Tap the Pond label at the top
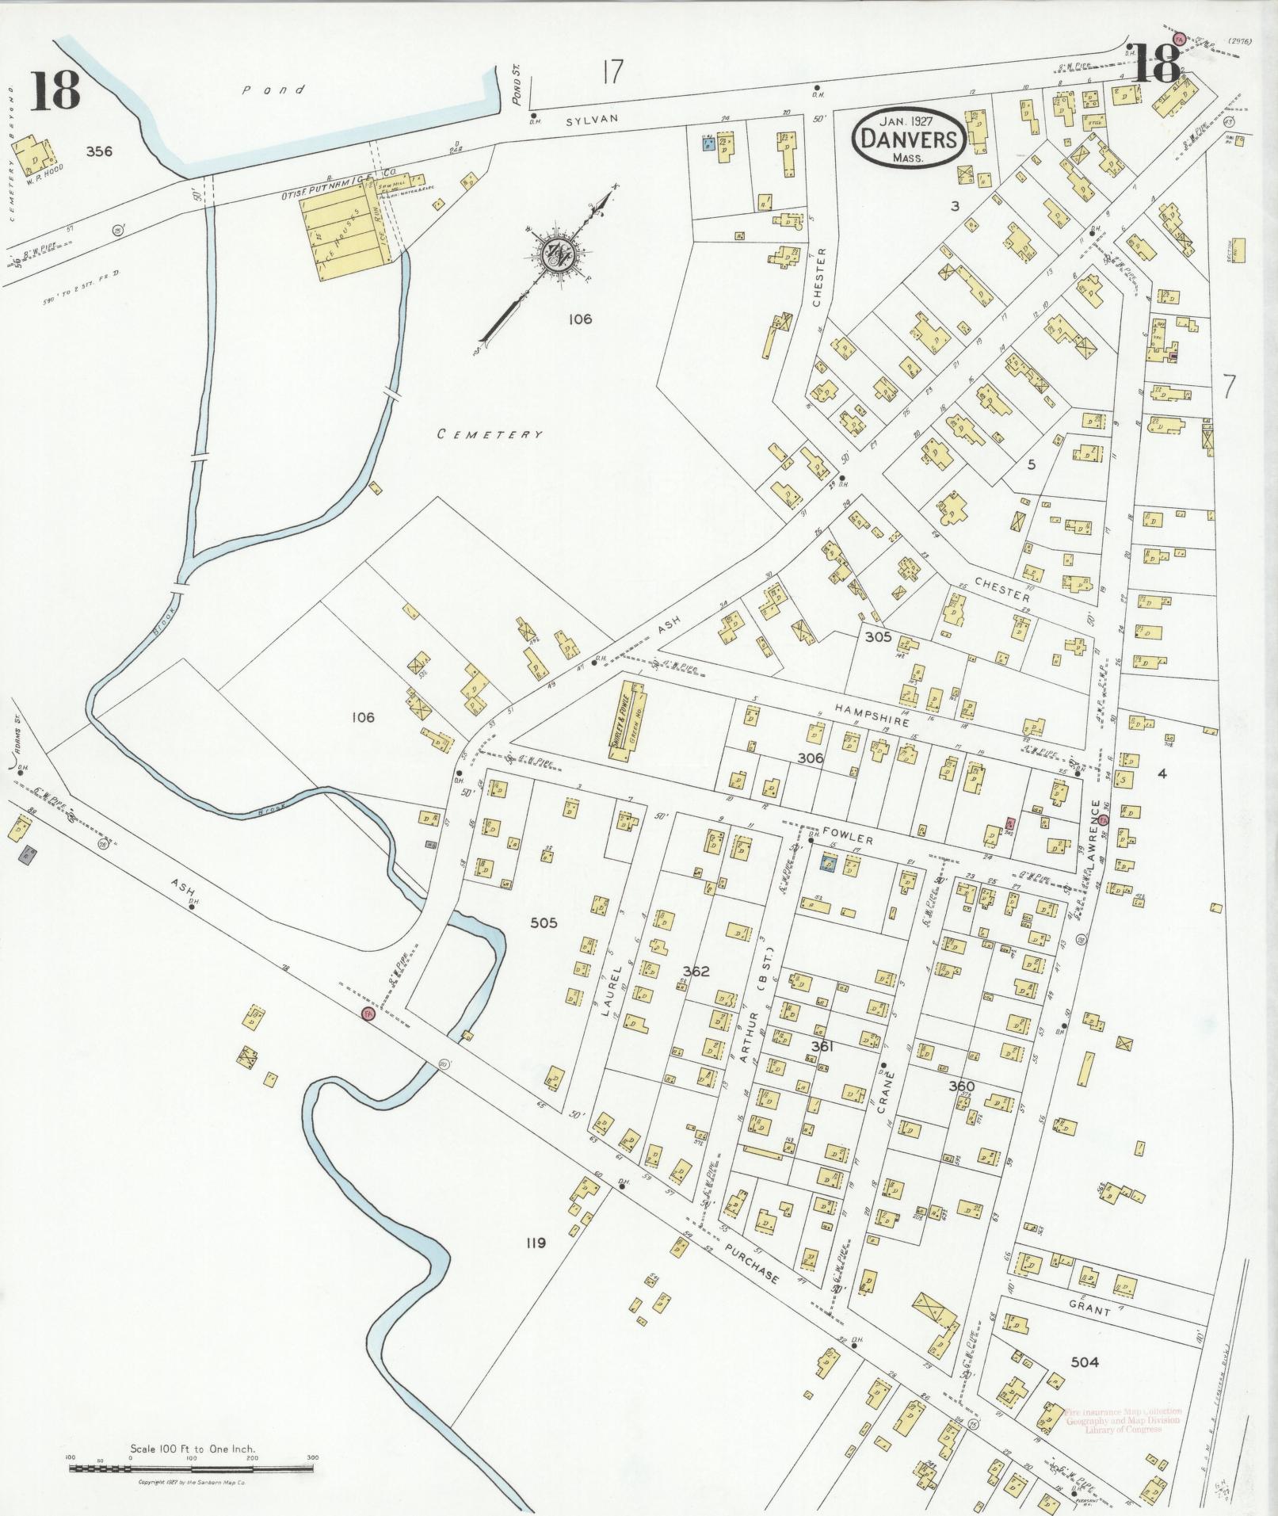(x=273, y=90)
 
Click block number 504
(x=1084, y=1362)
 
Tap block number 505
(x=544, y=922)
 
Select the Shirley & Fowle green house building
(x=629, y=717)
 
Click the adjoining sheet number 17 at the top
(x=612, y=73)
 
